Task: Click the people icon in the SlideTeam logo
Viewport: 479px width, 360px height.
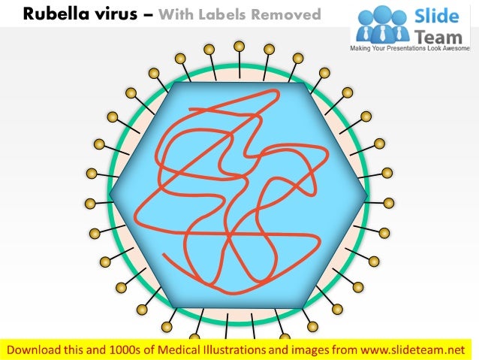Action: [382, 25]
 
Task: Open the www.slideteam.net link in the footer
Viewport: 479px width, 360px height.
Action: [415, 349]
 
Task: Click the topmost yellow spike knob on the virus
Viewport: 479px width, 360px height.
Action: [239, 47]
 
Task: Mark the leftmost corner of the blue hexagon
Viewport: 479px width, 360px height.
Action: [110, 196]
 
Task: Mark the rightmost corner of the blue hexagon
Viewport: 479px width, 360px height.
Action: [368, 196]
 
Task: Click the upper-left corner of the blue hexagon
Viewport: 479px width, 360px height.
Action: [174, 83]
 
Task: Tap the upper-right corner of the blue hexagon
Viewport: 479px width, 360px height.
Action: [303, 83]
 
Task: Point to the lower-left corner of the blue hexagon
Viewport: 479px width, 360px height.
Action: [174, 308]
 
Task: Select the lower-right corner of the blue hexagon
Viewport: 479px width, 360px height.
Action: [303, 308]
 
